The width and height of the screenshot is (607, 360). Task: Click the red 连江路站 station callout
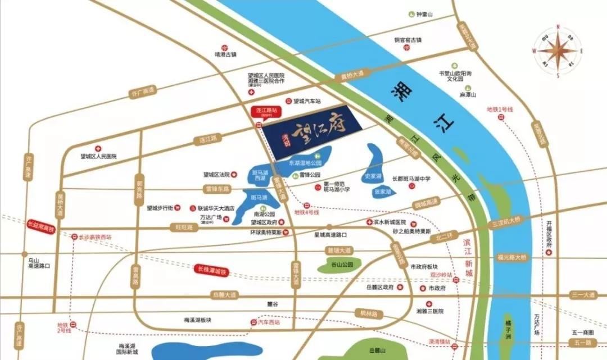click(264, 111)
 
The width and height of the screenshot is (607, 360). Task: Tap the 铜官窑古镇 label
click(407, 40)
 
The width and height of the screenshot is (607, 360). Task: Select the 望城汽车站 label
click(307, 102)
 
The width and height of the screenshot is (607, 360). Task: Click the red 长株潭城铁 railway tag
click(210, 271)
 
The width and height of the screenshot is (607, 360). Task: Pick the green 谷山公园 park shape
click(339, 265)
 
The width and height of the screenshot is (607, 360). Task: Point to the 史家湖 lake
click(373, 176)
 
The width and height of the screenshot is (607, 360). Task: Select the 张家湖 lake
click(382, 192)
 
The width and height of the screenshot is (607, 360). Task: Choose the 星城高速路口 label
click(330, 234)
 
